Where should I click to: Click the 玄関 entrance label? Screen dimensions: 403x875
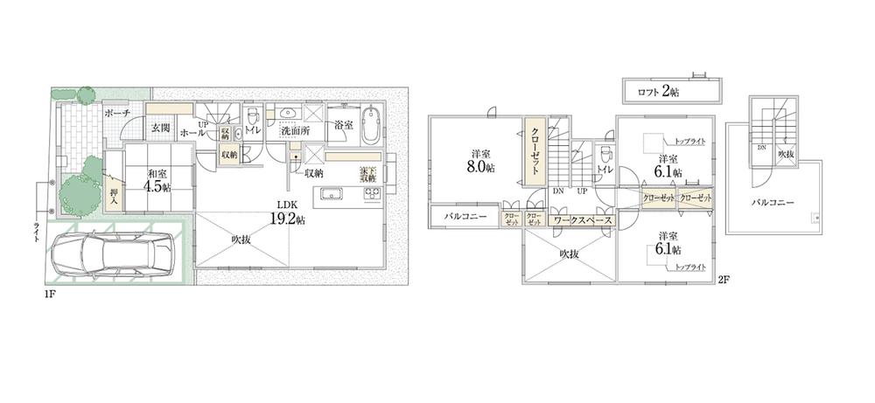pyautogui.click(x=160, y=128)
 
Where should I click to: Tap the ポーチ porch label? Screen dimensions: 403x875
pyautogui.click(x=116, y=114)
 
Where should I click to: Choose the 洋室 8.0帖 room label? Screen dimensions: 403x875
pyautogui.click(x=478, y=159)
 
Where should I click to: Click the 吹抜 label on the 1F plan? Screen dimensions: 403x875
pyautogui.click(x=242, y=240)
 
